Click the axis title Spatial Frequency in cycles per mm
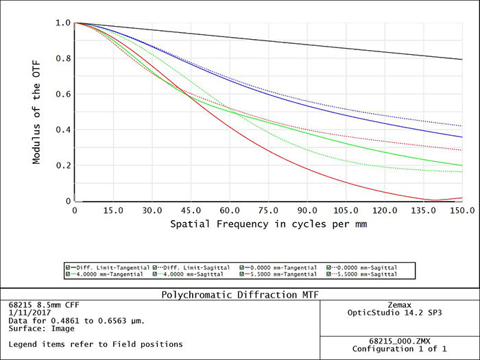[x=269, y=224]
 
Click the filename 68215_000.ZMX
[x=399, y=340]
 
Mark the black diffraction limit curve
[x=274, y=41]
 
